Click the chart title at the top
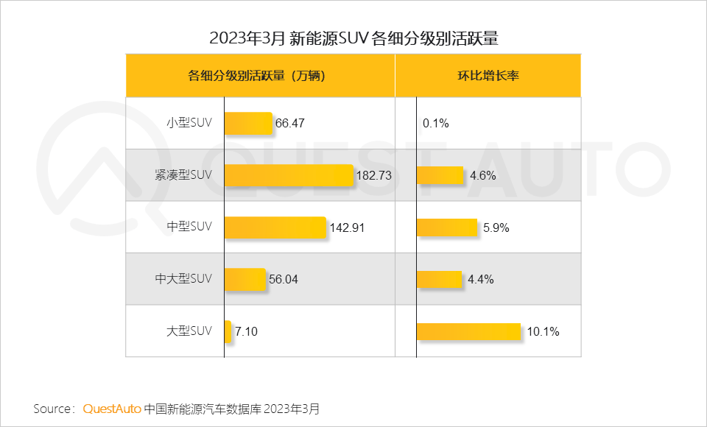(x=353, y=38)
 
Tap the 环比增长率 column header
(x=488, y=75)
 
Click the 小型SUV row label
(x=189, y=123)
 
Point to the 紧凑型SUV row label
(x=183, y=175)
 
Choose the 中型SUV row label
(x=189, y=227)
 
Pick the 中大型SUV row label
(x=183, y=279)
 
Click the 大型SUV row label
(x=189, y=331)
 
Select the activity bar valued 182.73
(x=289, y=175)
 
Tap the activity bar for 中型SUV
(x=275, y=227)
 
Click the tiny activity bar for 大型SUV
(x=228, y=331)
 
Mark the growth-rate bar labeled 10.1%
(x=468, y=331)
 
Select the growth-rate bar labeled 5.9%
(x=447, y=227)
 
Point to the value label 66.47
(x=290, y=124)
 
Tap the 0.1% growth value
(x=436, y=124)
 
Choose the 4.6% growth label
(x=483, y=176)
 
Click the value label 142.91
(x=347, y=227)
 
